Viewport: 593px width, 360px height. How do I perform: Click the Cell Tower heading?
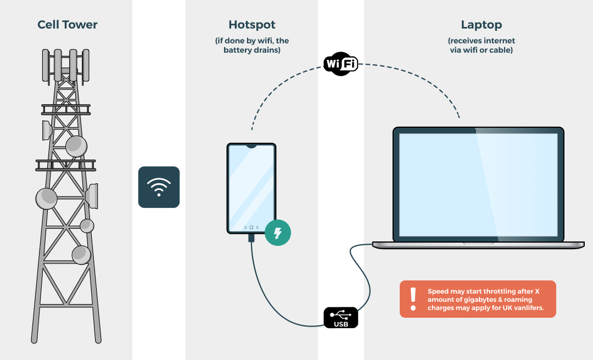tap(67, 25)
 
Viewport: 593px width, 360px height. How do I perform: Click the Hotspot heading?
tap(251, 25)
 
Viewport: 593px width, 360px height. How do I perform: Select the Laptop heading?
tap(481, 25)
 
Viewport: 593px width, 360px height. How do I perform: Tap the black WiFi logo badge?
tap(340, 64)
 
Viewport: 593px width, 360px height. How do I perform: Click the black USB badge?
tap(340, 318)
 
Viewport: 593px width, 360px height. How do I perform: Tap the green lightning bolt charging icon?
tap(278, 233)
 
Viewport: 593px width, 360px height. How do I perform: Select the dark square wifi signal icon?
tap(159, 187)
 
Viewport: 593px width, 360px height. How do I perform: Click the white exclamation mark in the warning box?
tap(413, 299)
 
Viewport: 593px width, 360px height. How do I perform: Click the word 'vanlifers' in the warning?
tap(529, 308)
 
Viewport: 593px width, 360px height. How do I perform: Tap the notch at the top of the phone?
tap(251, 147)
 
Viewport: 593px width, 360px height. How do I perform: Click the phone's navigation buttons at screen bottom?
tap(251, 227)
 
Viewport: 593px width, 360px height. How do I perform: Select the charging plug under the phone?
tap(251, 238)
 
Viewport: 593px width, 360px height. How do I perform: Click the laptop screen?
tap(478, 183)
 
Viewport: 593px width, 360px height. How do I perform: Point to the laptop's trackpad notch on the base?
tap(478, 243)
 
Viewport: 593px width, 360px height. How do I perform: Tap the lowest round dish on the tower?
tap(81, 254)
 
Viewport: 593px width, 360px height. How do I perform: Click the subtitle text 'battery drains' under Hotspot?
tap(252, 50)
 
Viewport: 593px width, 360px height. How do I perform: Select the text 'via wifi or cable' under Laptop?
tap(481, 50)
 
